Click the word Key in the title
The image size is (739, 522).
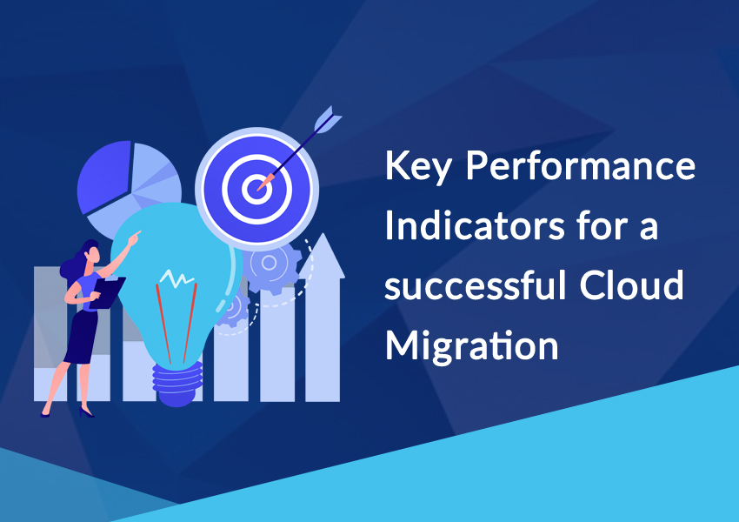418,166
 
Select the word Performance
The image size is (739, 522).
581,165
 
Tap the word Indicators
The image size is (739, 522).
475,225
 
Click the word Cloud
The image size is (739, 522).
631,284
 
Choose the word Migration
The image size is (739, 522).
472,345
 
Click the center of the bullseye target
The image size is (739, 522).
256,189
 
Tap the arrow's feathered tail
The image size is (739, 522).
327,119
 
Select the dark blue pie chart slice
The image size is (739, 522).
104,177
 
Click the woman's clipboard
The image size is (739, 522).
108,292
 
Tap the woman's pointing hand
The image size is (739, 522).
135,238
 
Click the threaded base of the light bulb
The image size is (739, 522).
177,384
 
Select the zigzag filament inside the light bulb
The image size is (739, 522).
176,278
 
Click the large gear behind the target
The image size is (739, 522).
272,264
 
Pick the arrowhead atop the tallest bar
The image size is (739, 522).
323,256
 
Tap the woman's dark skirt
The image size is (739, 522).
81,338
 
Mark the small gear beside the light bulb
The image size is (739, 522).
232,308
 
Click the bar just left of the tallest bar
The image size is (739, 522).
277,345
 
